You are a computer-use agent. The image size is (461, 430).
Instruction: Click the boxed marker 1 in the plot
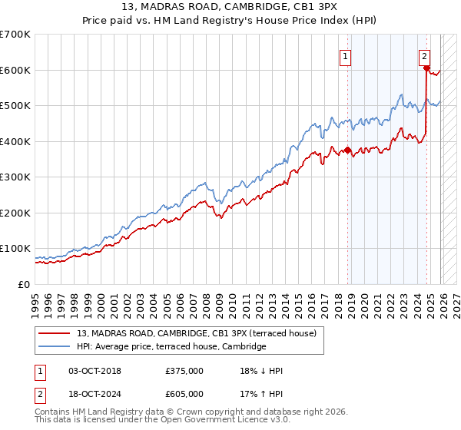coord(345,56)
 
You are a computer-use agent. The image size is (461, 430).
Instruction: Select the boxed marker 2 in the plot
coord(424,56)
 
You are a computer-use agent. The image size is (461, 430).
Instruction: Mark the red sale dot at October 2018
coord(347,150)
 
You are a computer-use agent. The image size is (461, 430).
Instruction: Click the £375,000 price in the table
coord(184,371)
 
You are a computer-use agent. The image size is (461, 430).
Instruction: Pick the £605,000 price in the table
coord(184,395)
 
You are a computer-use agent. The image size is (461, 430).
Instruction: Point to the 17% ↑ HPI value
coord(261,395)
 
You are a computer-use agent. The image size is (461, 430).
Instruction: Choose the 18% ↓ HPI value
coord(261,371)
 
